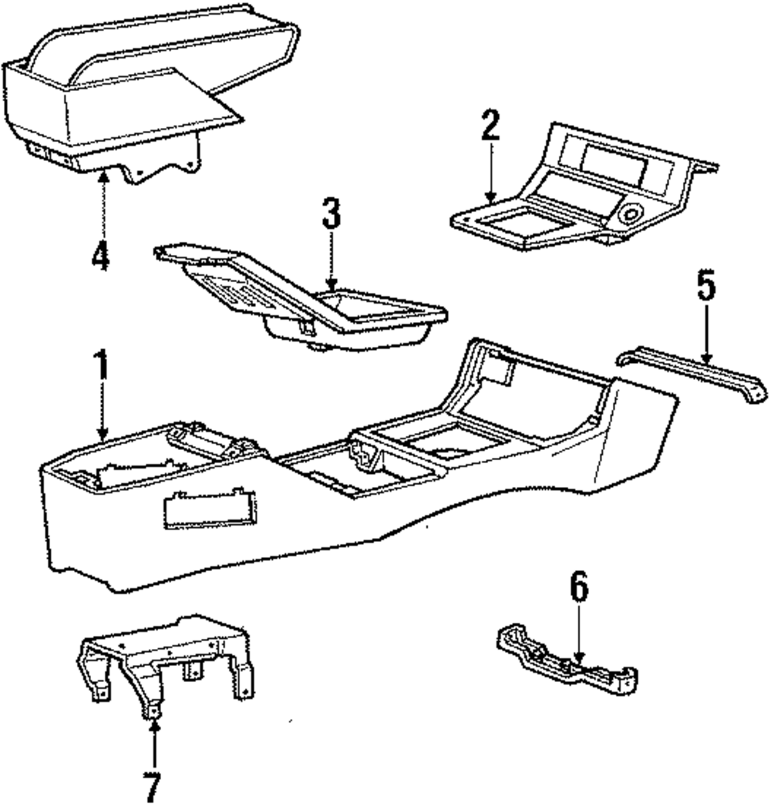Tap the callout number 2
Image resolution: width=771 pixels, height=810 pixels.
coord(490,126)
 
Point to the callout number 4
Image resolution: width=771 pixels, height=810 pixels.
coord(101,256)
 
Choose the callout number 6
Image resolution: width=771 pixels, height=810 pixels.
coord(579,588)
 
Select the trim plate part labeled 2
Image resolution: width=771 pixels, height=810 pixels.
coord(586,193)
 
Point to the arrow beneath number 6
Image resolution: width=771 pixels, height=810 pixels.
coord(579,632)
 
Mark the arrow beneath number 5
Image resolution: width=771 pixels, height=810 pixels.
coord(705,331)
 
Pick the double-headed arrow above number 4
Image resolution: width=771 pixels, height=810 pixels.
coord(103,204)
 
